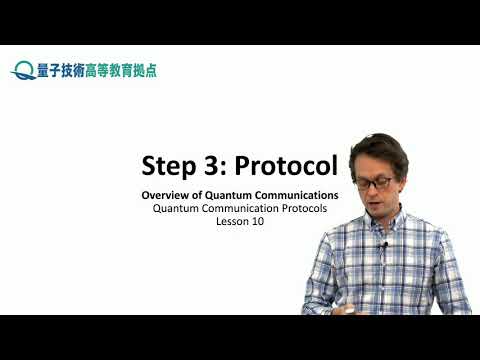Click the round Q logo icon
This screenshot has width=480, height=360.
(x=23, y=70)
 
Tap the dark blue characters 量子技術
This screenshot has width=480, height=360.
(x=61, y=70)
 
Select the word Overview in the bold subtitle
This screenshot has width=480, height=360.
(x=165, y=194)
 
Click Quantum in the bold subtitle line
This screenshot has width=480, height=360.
(x=229, y=194)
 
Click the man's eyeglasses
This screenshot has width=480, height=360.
(x=373, y=183)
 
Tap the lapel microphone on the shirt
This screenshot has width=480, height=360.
(x=383, y=245)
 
